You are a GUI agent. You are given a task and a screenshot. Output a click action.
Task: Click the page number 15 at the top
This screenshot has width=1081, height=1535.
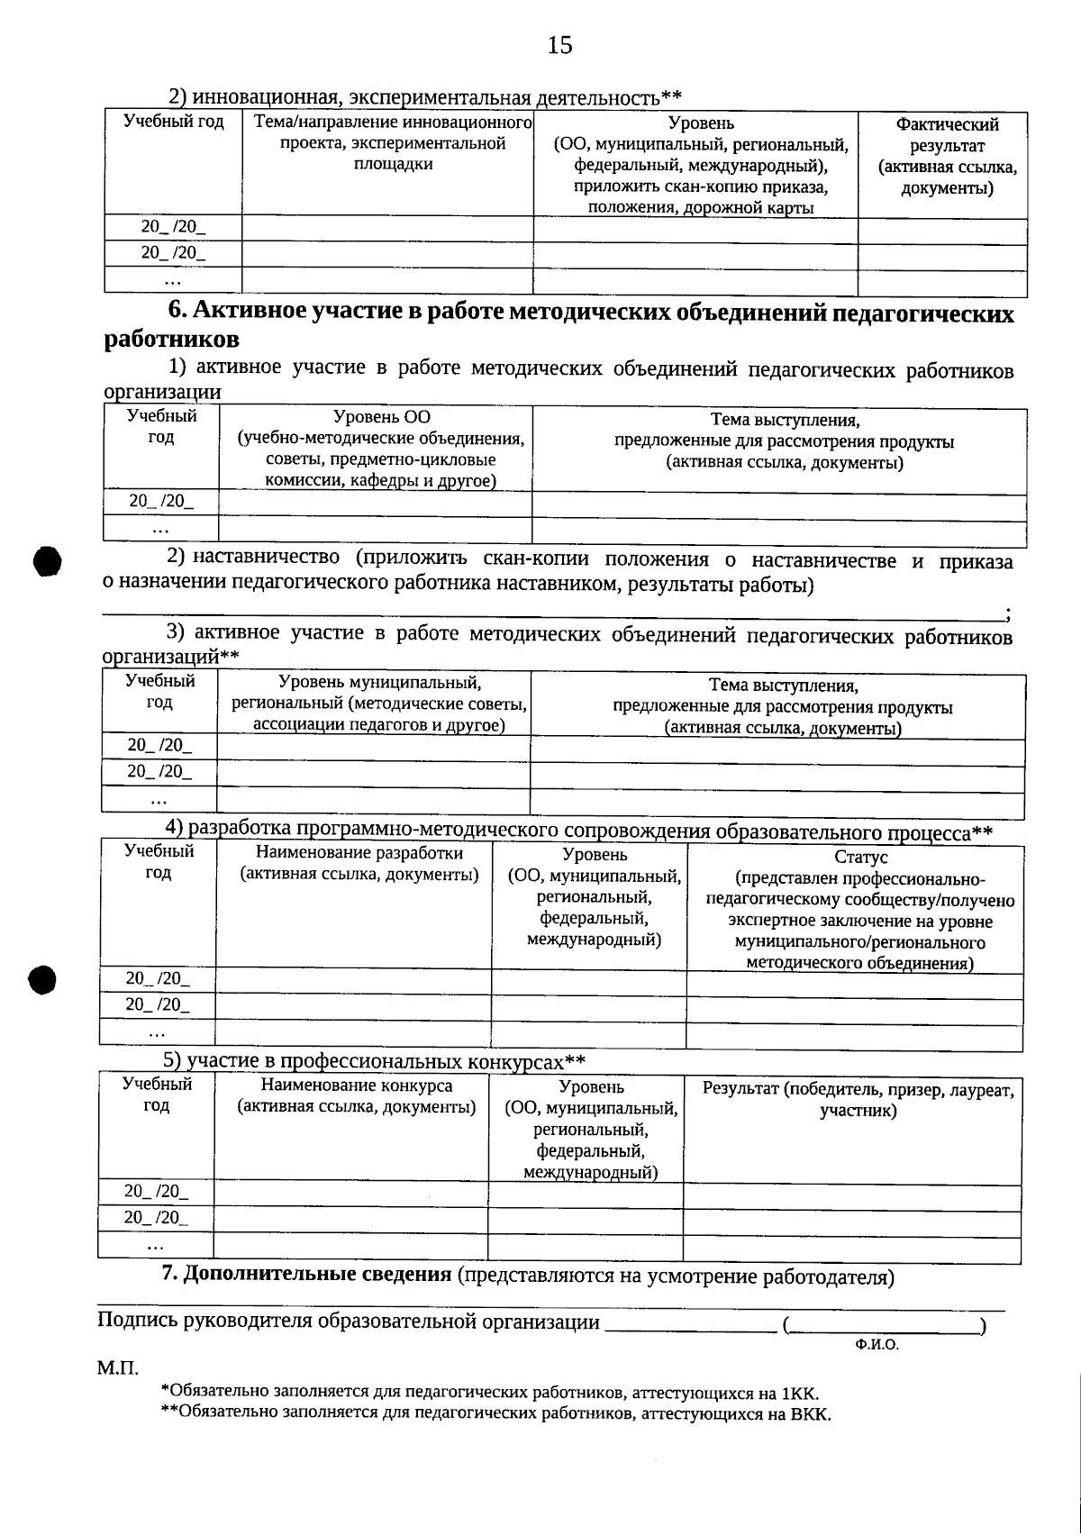click(559, 45)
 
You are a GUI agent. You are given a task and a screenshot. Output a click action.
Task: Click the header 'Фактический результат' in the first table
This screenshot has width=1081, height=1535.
click(947, 135)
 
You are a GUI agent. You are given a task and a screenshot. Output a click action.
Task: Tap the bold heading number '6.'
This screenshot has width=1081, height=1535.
click(178, 311)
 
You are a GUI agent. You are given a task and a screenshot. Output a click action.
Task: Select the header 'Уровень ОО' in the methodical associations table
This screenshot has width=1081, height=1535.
click(381, 417)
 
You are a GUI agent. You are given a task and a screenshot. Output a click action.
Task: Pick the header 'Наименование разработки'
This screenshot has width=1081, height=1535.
click(359, 852)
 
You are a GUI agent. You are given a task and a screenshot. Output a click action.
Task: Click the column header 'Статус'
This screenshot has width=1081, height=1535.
click(860, 857)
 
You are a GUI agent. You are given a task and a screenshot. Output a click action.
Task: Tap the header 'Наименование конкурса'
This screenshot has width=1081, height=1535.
click(357, 1085)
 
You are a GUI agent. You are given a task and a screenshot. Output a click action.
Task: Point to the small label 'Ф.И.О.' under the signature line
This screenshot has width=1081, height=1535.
click(877, 1344)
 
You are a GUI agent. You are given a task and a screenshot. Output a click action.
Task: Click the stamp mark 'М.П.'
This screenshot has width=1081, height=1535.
click(117, 1369)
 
